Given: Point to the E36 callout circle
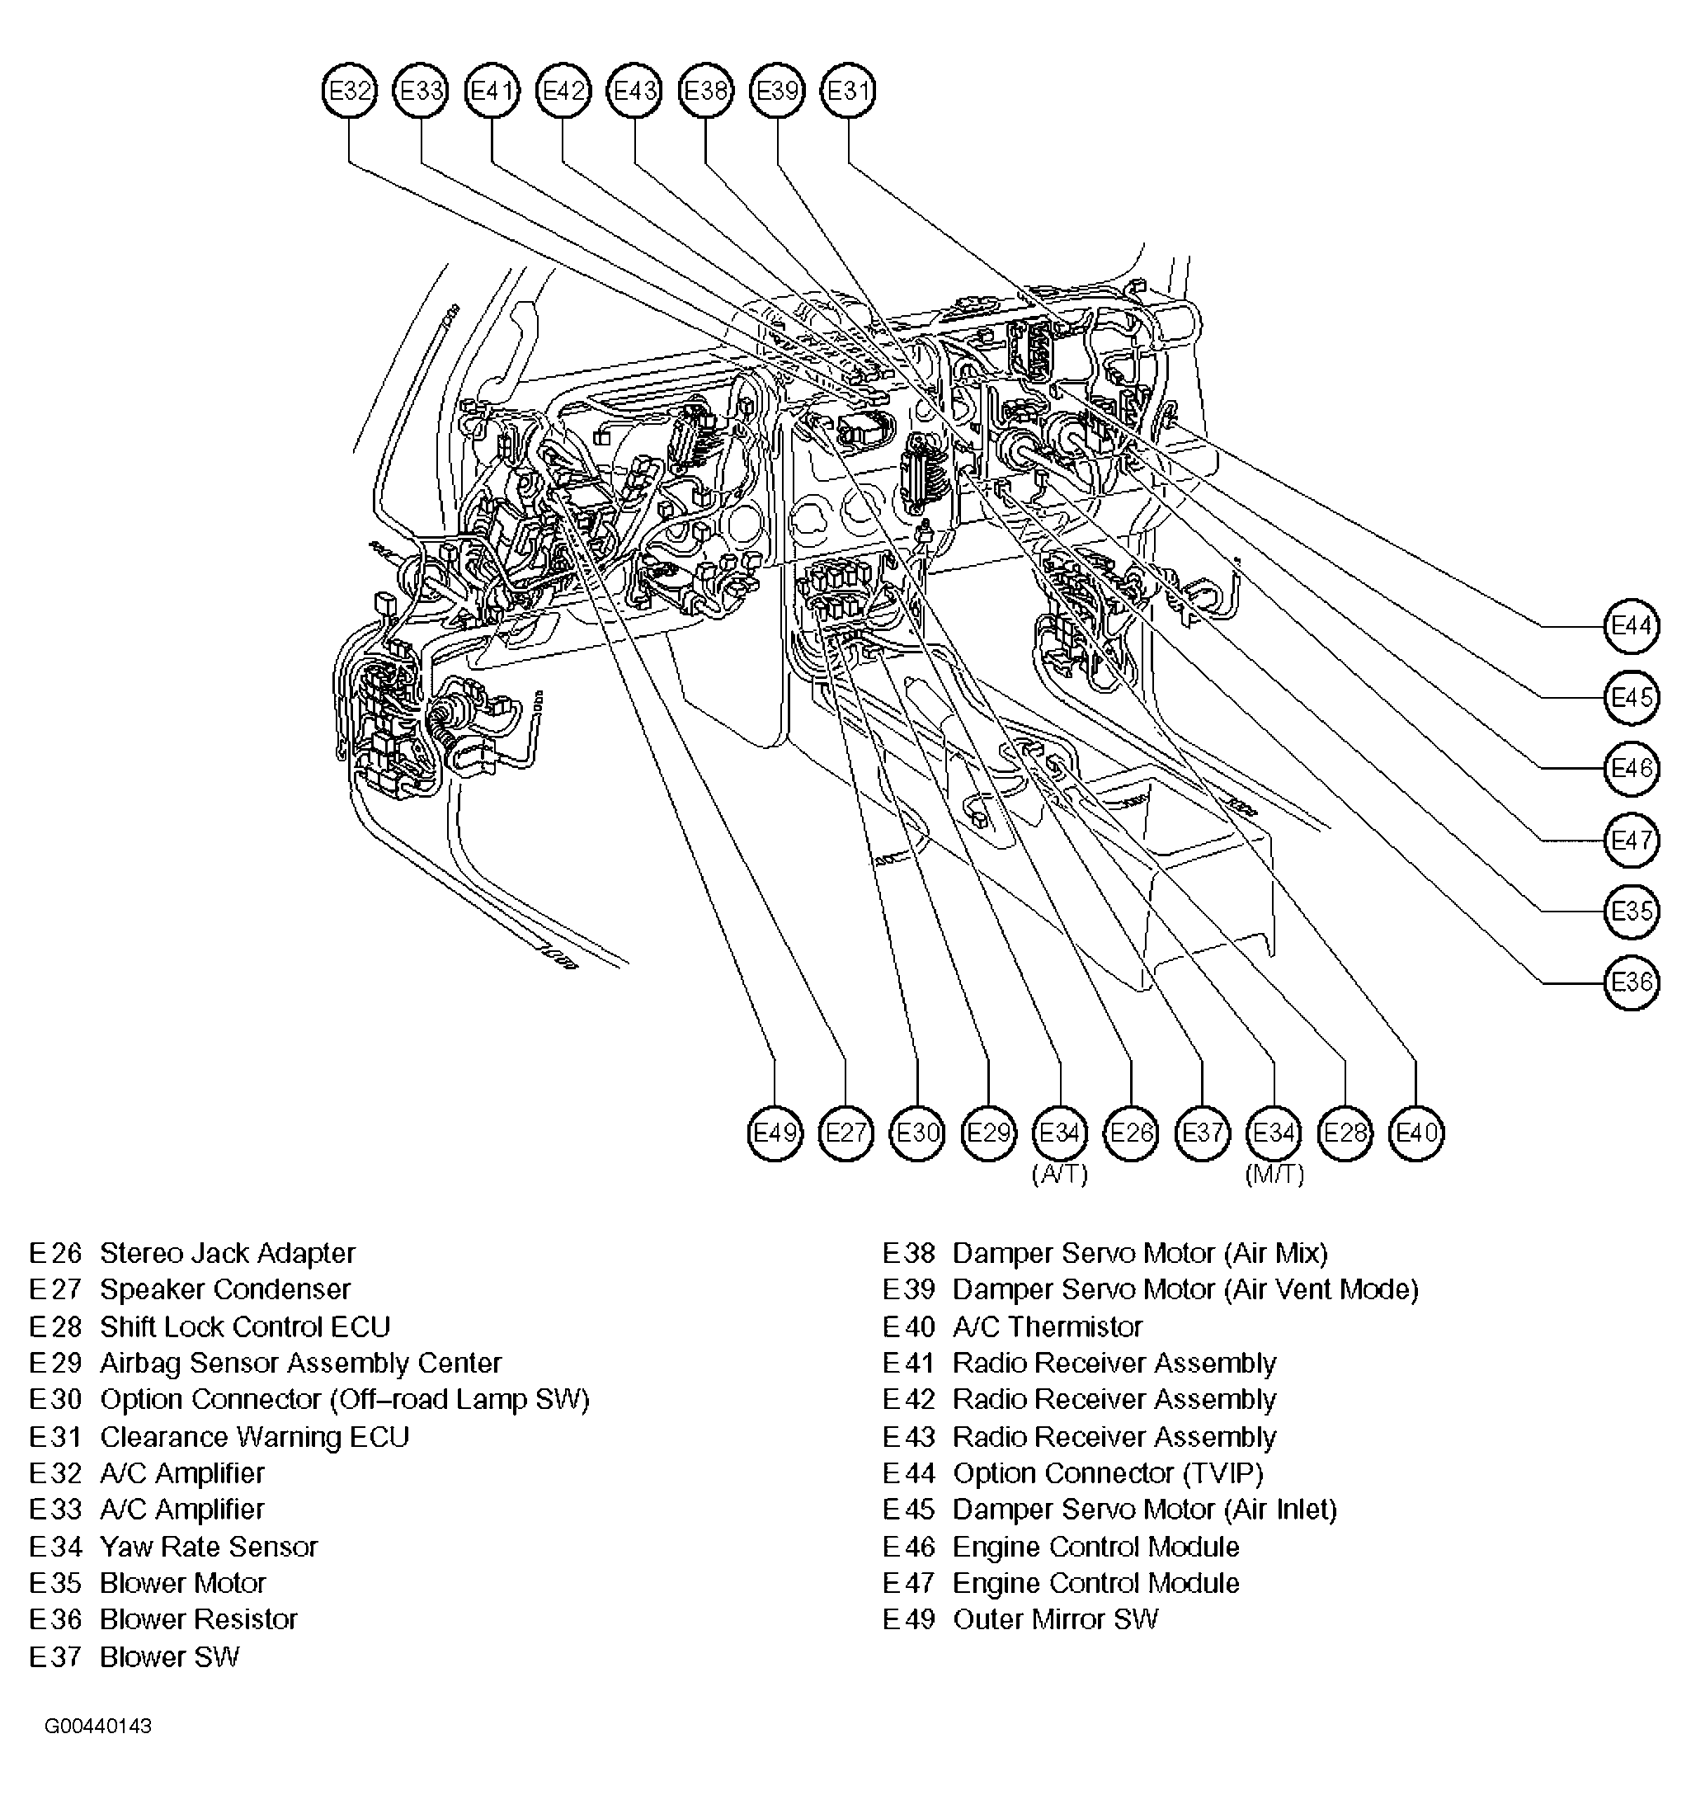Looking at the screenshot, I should [x=1631, y=982].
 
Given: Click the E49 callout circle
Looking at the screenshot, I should [x=775, y=1133].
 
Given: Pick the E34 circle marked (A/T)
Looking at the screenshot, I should [x=1060, y=1133].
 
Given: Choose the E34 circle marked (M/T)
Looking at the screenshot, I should [x=1274, y=1133].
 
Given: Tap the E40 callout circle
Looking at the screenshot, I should [x=1416, y=1133].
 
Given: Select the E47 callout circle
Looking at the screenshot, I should [x=1631, y=840].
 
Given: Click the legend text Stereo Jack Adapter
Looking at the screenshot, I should [x=228, y=1253].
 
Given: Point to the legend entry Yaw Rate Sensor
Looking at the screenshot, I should [x=209, y=1547].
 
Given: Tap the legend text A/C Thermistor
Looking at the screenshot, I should [x=1048, y=1326].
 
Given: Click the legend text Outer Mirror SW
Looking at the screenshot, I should [x=1055, y=1619].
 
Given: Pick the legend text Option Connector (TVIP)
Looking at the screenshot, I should [x=1108, y=1472].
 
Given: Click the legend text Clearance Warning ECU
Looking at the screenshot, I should [x=255, y=1436].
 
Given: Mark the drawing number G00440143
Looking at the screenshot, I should [x=97, y=1727].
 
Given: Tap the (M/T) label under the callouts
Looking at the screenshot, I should [x=1274, y=1175].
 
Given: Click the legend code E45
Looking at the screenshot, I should [x=908, y=1510].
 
